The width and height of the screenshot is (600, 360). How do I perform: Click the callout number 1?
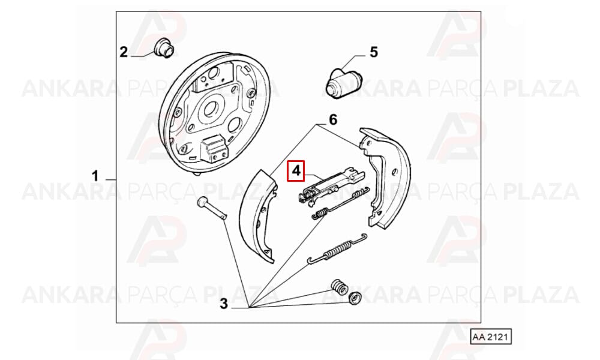(x=95, y=176)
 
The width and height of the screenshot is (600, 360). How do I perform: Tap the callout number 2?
(x=123, y=52)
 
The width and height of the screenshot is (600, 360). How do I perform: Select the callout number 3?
(x=223, y=304)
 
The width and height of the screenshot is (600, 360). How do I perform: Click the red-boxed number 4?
(x=296, y=170)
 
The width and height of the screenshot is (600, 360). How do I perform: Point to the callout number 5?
(x=373, y=52)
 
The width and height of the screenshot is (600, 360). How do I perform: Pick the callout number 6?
(x=333, y=120)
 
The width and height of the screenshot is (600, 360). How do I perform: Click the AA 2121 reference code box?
(x=491, y=337)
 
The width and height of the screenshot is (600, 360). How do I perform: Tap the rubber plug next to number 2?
(x=164, y=48)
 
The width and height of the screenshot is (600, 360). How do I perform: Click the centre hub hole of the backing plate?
(x=209, y=109)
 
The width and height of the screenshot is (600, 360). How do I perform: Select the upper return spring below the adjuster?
(x=338, y=204)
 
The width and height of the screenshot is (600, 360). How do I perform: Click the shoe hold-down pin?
(x=212, y=208)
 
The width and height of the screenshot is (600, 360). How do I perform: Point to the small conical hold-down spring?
(x=338, y=287)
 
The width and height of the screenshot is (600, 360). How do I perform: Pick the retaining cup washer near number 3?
(x=355, y=298)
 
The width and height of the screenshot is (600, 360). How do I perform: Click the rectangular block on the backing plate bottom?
(x=214, y=149)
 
